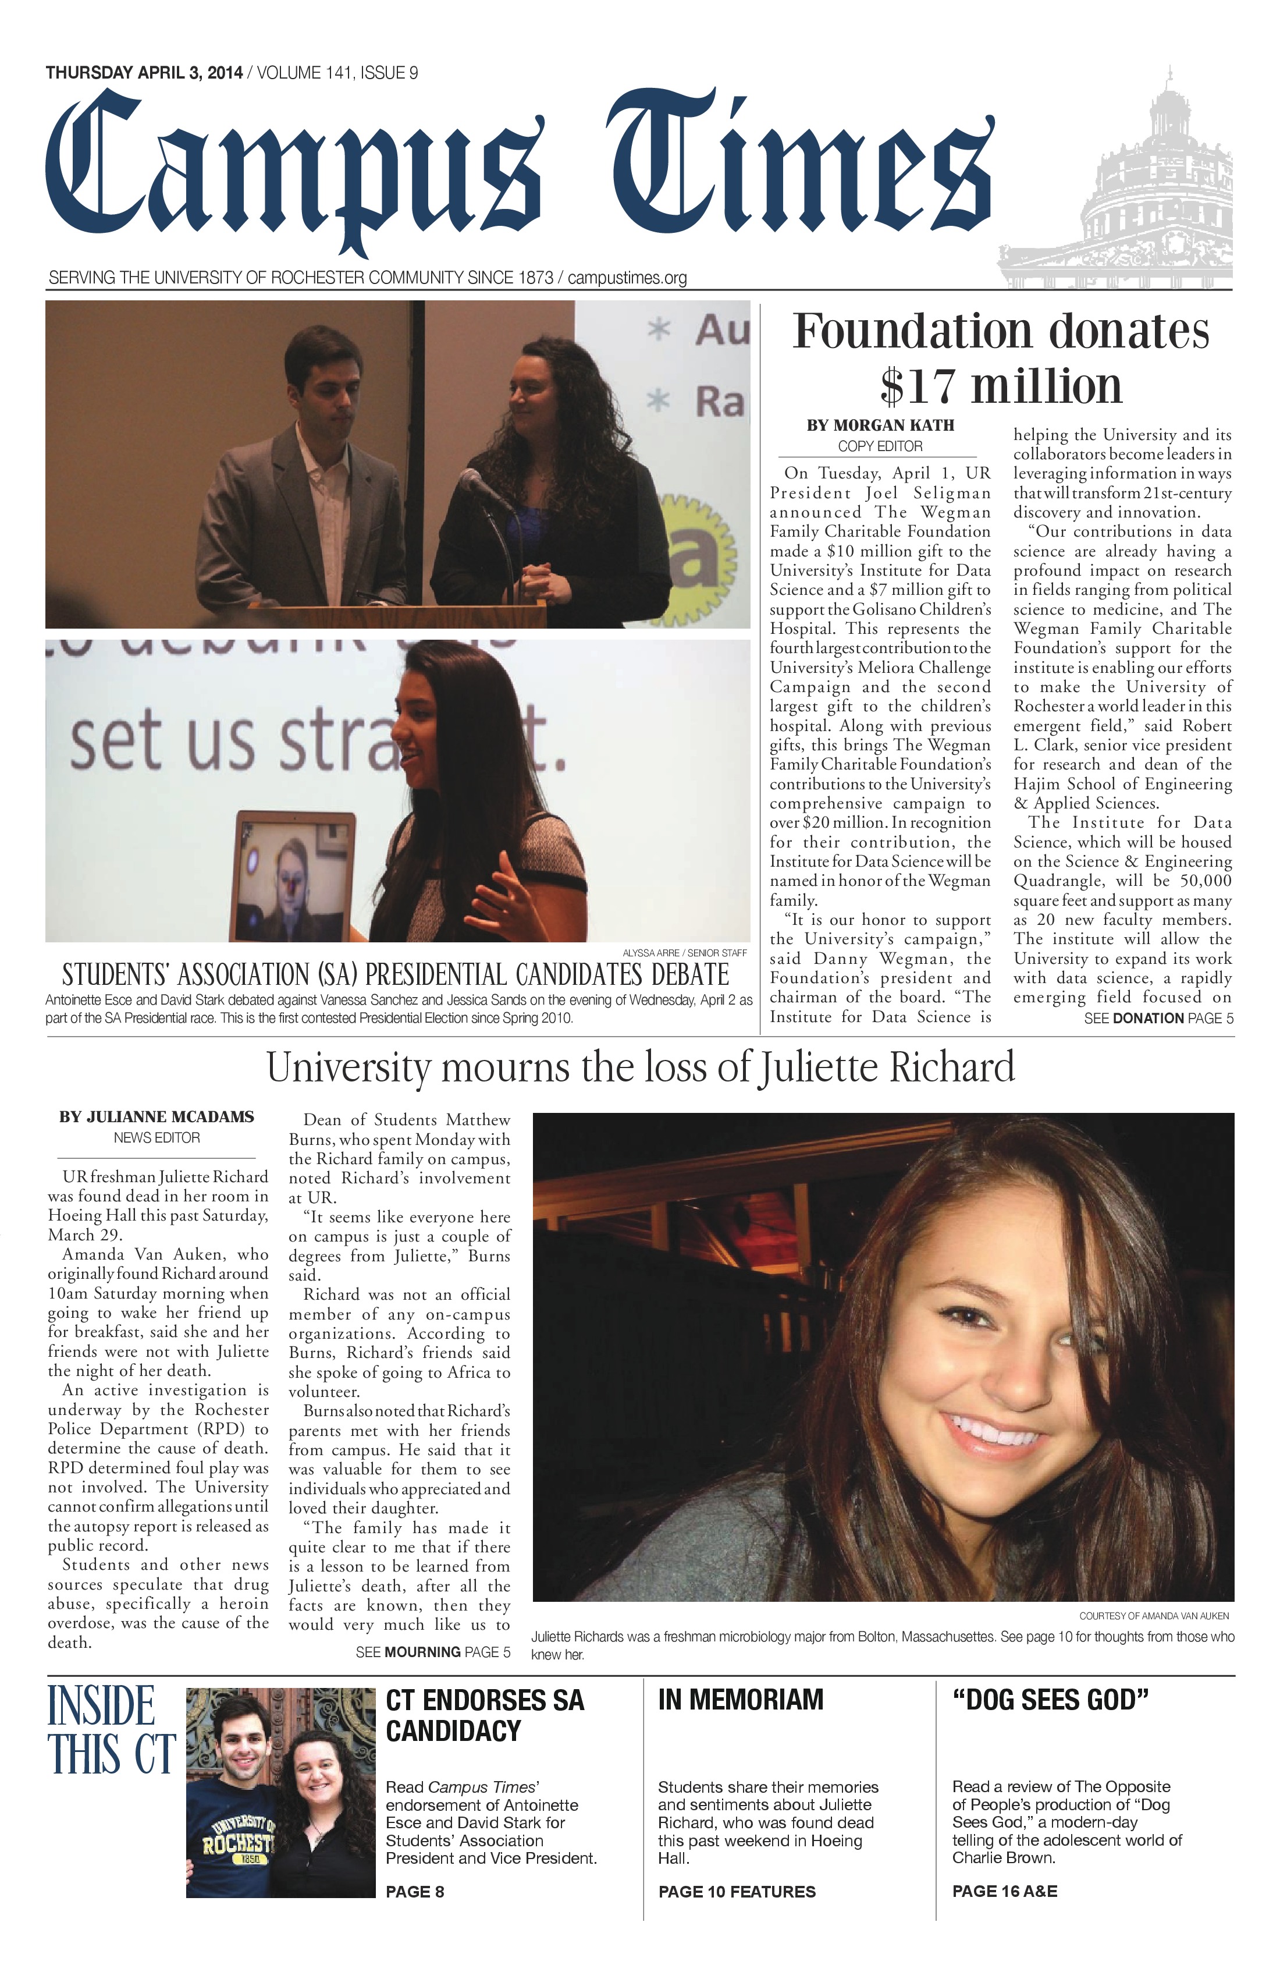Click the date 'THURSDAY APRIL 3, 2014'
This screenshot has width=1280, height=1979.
(144, 73)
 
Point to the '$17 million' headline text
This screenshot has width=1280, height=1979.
(1001, 386)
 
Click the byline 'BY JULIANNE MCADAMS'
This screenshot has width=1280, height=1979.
(157, 1117)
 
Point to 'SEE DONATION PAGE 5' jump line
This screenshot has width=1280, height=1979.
(1158, 1019)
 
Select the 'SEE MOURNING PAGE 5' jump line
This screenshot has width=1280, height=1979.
(433, 1652)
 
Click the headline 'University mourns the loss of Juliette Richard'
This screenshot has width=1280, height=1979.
(640, 1067)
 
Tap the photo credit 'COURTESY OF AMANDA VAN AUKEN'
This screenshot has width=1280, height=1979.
(1154, 1616)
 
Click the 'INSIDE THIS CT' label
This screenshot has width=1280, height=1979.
(111, 1731)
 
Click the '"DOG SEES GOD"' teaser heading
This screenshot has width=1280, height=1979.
(1050, 1700)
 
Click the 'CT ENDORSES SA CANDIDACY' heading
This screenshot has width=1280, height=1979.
(485, 1715)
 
